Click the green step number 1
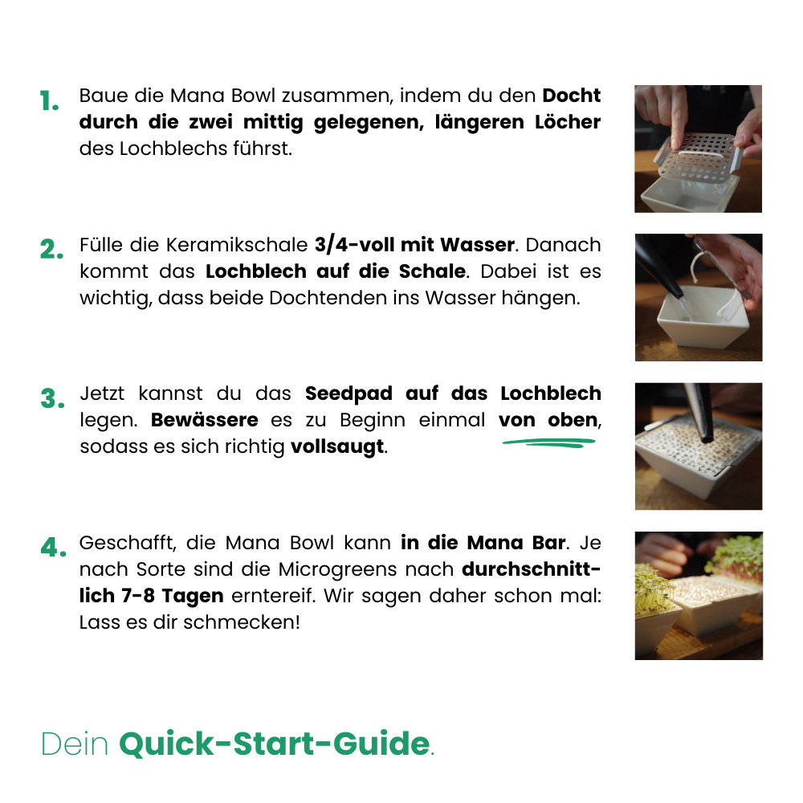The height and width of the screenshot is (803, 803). tap(50, 102)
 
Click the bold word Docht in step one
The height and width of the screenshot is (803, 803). tap(571, 96)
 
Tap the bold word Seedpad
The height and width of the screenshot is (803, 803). tap(351, 393)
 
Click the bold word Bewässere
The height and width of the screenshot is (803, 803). tap(205, 420)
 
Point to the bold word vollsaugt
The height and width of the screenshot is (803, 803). tap(337, 446)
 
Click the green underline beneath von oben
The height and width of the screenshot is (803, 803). tap(549, 441)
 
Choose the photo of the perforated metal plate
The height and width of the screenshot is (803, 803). tap(698, 149)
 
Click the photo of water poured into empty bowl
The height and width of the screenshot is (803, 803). tap(698, 297)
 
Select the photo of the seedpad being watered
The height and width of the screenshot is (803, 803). tap(698, 446)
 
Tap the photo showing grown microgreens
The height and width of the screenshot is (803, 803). tap(698, 595)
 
